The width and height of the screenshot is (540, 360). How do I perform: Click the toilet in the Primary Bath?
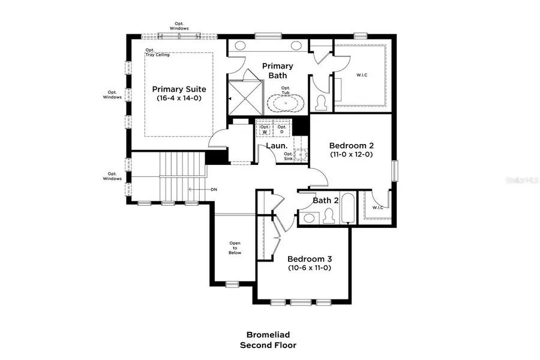click(321, 103)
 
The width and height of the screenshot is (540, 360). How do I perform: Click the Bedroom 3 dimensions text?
click(309, 268)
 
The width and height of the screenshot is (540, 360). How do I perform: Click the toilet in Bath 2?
click(328, 215)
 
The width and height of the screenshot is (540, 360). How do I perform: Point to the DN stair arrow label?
click(213, 189)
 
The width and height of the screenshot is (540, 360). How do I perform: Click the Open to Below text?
click(235, 248)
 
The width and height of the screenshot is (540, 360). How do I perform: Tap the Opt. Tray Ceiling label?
click(157, 52)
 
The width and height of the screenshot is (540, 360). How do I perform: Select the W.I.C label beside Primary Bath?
click(361, 75)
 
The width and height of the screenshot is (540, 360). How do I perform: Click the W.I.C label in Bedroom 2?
click(377, 208)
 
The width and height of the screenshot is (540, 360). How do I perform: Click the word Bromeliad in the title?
click(268, 335)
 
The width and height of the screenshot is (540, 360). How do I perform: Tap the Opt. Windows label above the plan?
click(179, 26)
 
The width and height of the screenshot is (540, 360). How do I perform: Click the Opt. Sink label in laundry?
click(289, 157)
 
